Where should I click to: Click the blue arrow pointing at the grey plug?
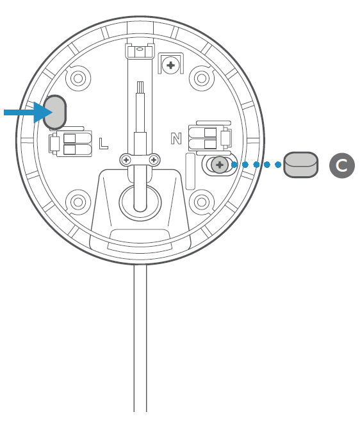point(28,112)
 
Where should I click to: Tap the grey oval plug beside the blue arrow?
point(54,112)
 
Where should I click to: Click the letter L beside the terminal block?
point(103,144)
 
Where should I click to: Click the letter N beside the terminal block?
point(176,138)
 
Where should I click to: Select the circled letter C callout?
point(342,165)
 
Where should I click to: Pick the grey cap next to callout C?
point(300,165)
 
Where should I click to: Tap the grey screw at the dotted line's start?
point(220,165)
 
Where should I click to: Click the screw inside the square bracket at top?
point(171,65)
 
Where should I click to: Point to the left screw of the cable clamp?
point(126,160)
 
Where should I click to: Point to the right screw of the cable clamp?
point(154,160)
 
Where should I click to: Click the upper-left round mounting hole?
point(78,78)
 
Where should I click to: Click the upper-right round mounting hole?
point(202,78)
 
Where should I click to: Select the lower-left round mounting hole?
point(78,202)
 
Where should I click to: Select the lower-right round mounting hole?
point(202,202)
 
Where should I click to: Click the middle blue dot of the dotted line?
point(256,165)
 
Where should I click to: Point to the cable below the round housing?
point(140,338)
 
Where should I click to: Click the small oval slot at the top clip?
point(140,49)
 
